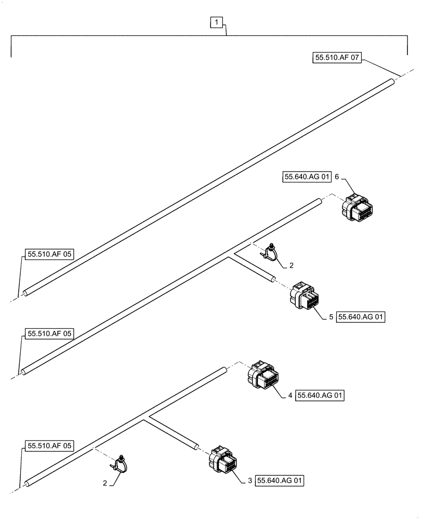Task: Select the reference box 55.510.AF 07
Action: [x=337, y=58]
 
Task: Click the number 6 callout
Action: [x=337, y=177]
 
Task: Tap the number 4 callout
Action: [x=290, y=396]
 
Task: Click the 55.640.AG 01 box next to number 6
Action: [x=307, y=177]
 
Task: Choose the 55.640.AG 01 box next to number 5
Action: [x=361, y=316]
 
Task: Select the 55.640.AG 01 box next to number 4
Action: [x=321, y=396]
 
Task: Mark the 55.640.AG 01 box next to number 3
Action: [x=280, y=481]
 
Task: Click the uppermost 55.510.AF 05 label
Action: [x=49, y=254]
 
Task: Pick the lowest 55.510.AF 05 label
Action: [x=49, y=446]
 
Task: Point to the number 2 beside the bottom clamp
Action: [x=105, y=483]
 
